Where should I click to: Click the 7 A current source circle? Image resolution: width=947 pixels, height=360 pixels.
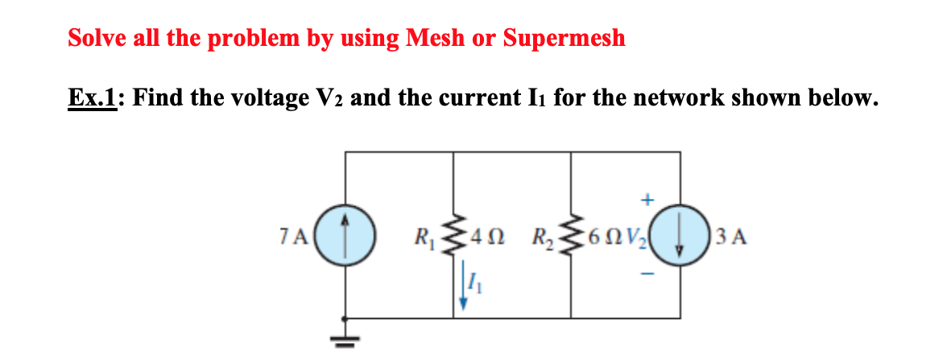pos(345,237)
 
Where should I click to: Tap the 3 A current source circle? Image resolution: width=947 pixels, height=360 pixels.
pos(678,237)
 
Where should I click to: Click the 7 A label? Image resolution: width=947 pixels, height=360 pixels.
pos(300,238)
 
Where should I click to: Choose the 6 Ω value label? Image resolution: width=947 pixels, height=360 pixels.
pos(602,238)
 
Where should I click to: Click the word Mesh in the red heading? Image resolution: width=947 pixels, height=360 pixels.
pos(439,37)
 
